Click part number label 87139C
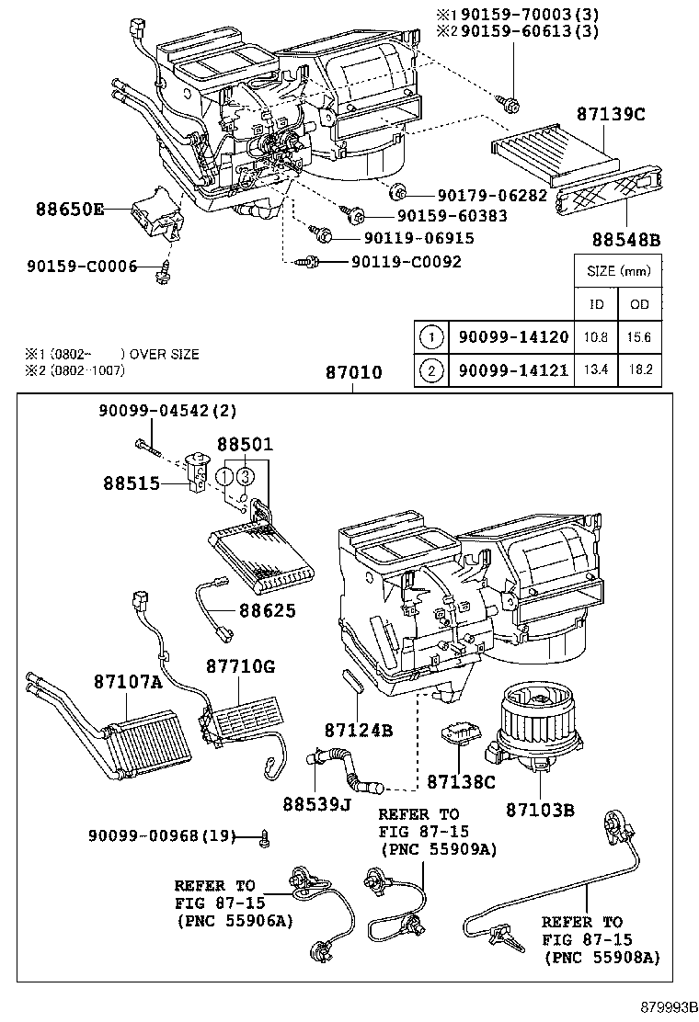click(x=611, y=116)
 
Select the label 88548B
click(x=626, y=240)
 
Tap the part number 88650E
click(x=70, y=209)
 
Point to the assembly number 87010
click(x=353, y=373)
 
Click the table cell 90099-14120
click(x=510, y=337)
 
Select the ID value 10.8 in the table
click(x=595, y=337)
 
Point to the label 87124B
click(x=359, y=730)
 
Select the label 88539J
click(x=317, y=804)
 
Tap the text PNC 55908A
click(x=602, y=958)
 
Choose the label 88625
click(x=268, y=609)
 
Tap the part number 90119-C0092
click(x=406, y=262)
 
